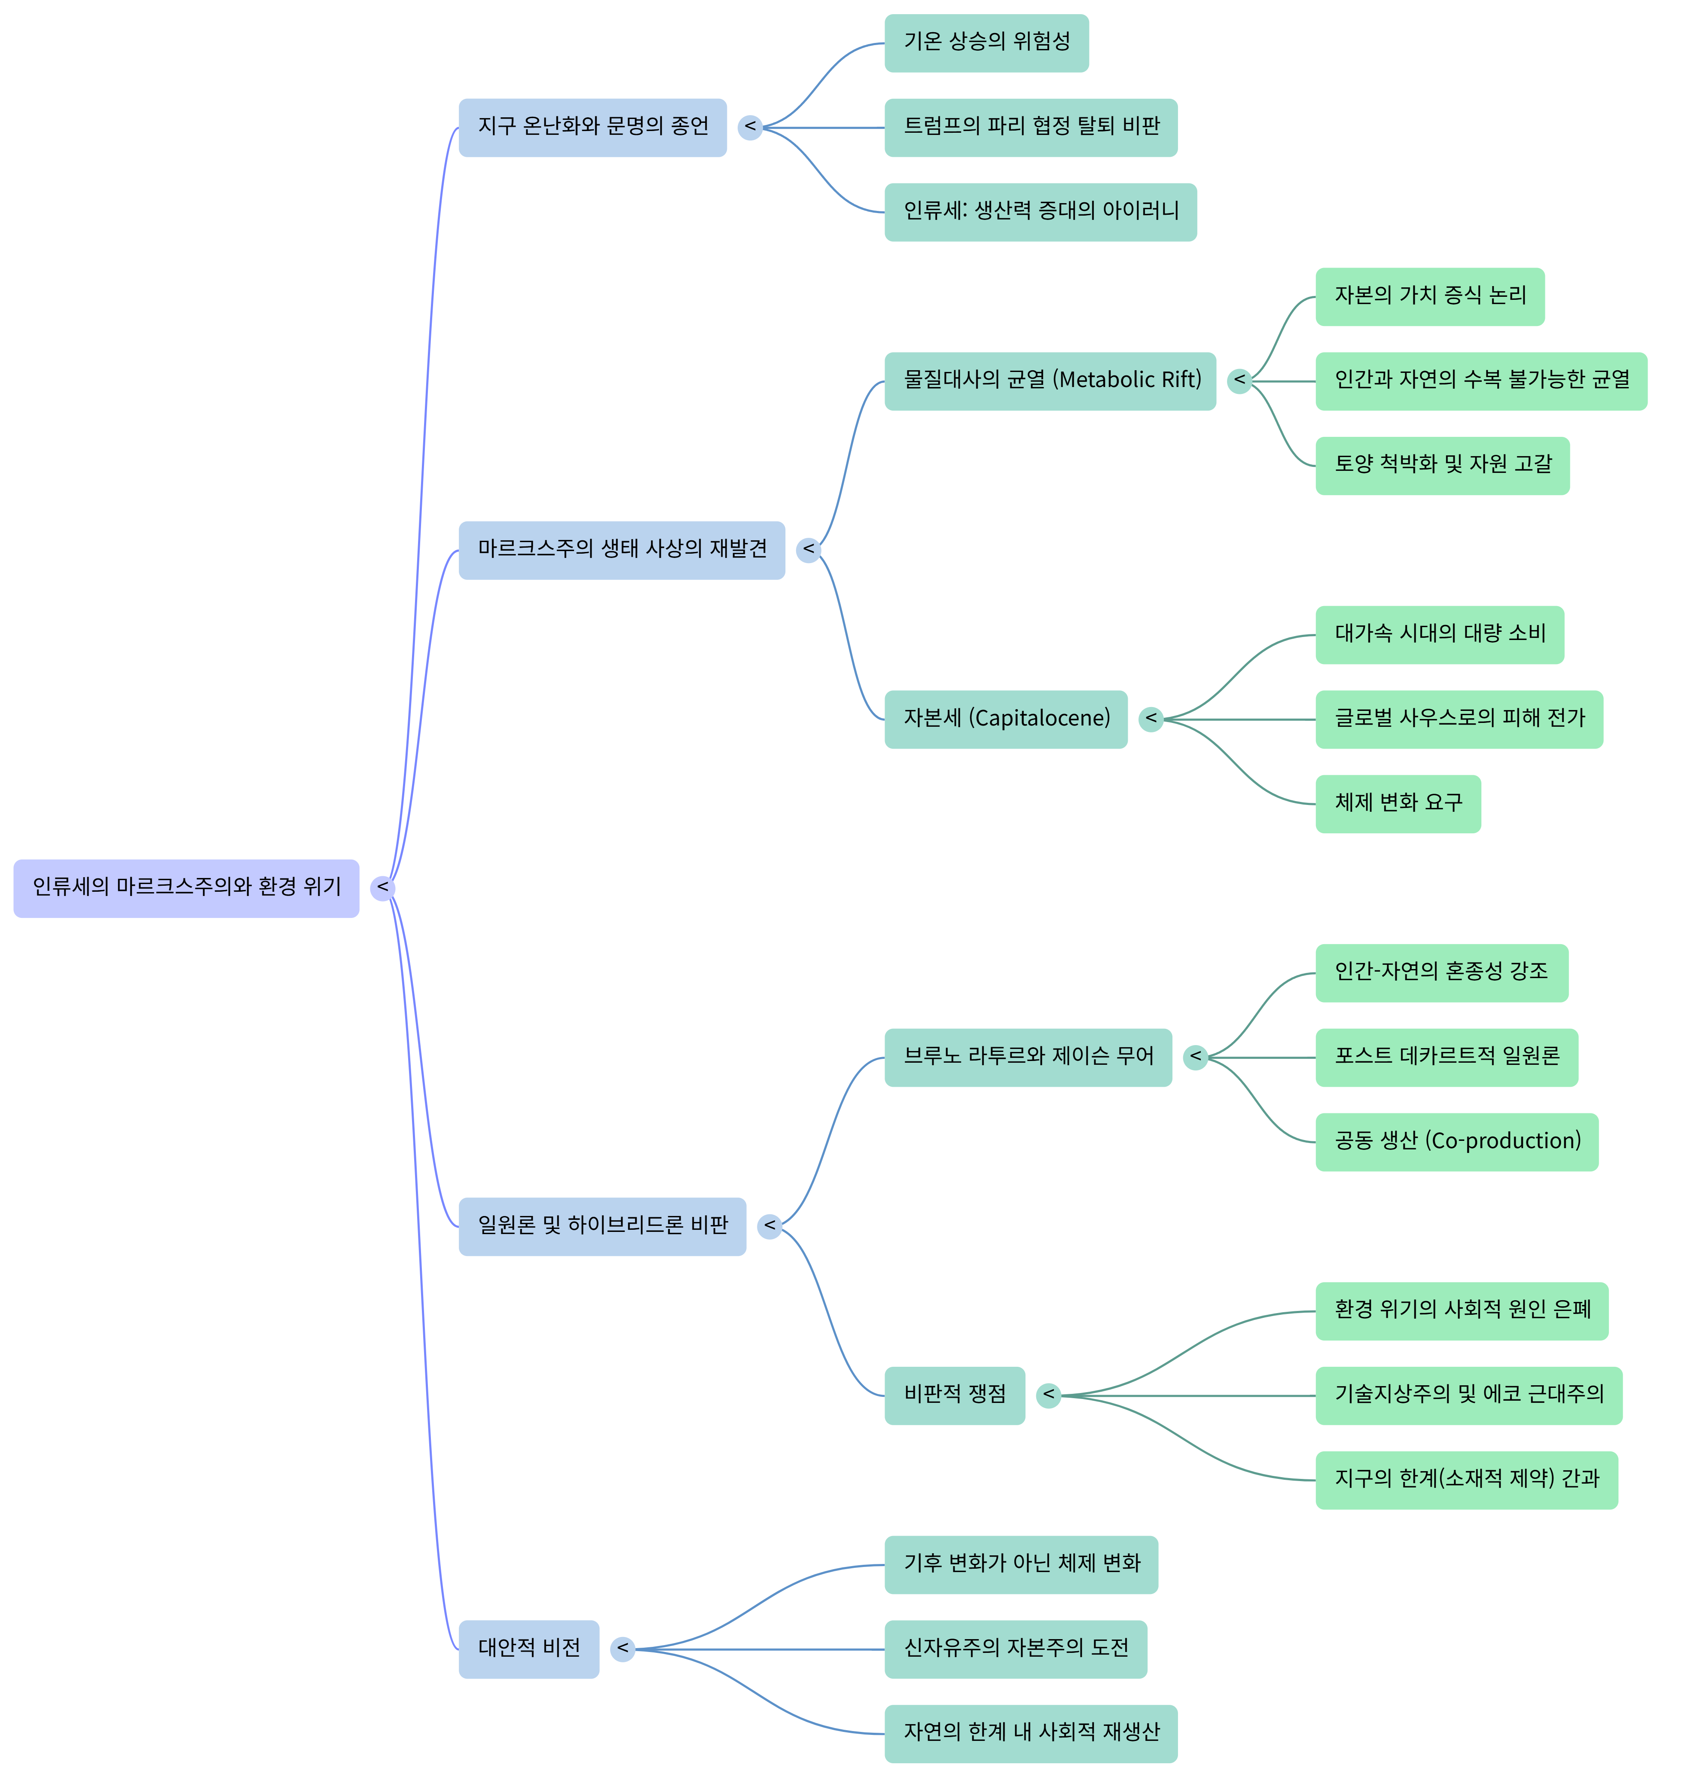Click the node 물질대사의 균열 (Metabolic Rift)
1049,381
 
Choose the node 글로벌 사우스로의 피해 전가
1458,719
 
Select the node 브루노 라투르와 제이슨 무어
1028,1057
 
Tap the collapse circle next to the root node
383,888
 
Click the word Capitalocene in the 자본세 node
1040,719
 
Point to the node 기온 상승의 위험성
986,43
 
